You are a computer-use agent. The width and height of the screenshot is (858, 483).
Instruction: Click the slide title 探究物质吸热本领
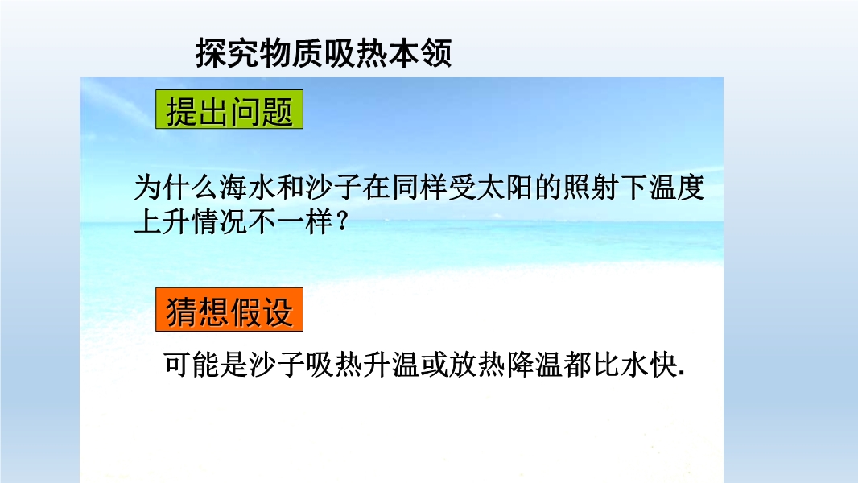[x=324, y=53]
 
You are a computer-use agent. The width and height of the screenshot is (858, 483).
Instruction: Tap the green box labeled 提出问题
[x=229, y=109]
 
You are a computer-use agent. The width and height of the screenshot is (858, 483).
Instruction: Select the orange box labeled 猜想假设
[x=229, y=310]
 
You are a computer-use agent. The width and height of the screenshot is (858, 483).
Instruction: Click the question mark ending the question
[x=343, y=221]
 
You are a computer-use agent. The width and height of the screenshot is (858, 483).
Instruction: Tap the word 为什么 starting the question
[x=176, y=187]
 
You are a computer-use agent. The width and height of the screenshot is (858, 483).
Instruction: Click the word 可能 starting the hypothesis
[x=192, y=365]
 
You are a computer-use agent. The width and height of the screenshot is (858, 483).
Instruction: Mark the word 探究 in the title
[x=227, y=53]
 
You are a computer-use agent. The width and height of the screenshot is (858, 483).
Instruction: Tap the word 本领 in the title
[x=420, y=53]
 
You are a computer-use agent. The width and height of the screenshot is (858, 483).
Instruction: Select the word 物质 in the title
[x=291, y=53]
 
